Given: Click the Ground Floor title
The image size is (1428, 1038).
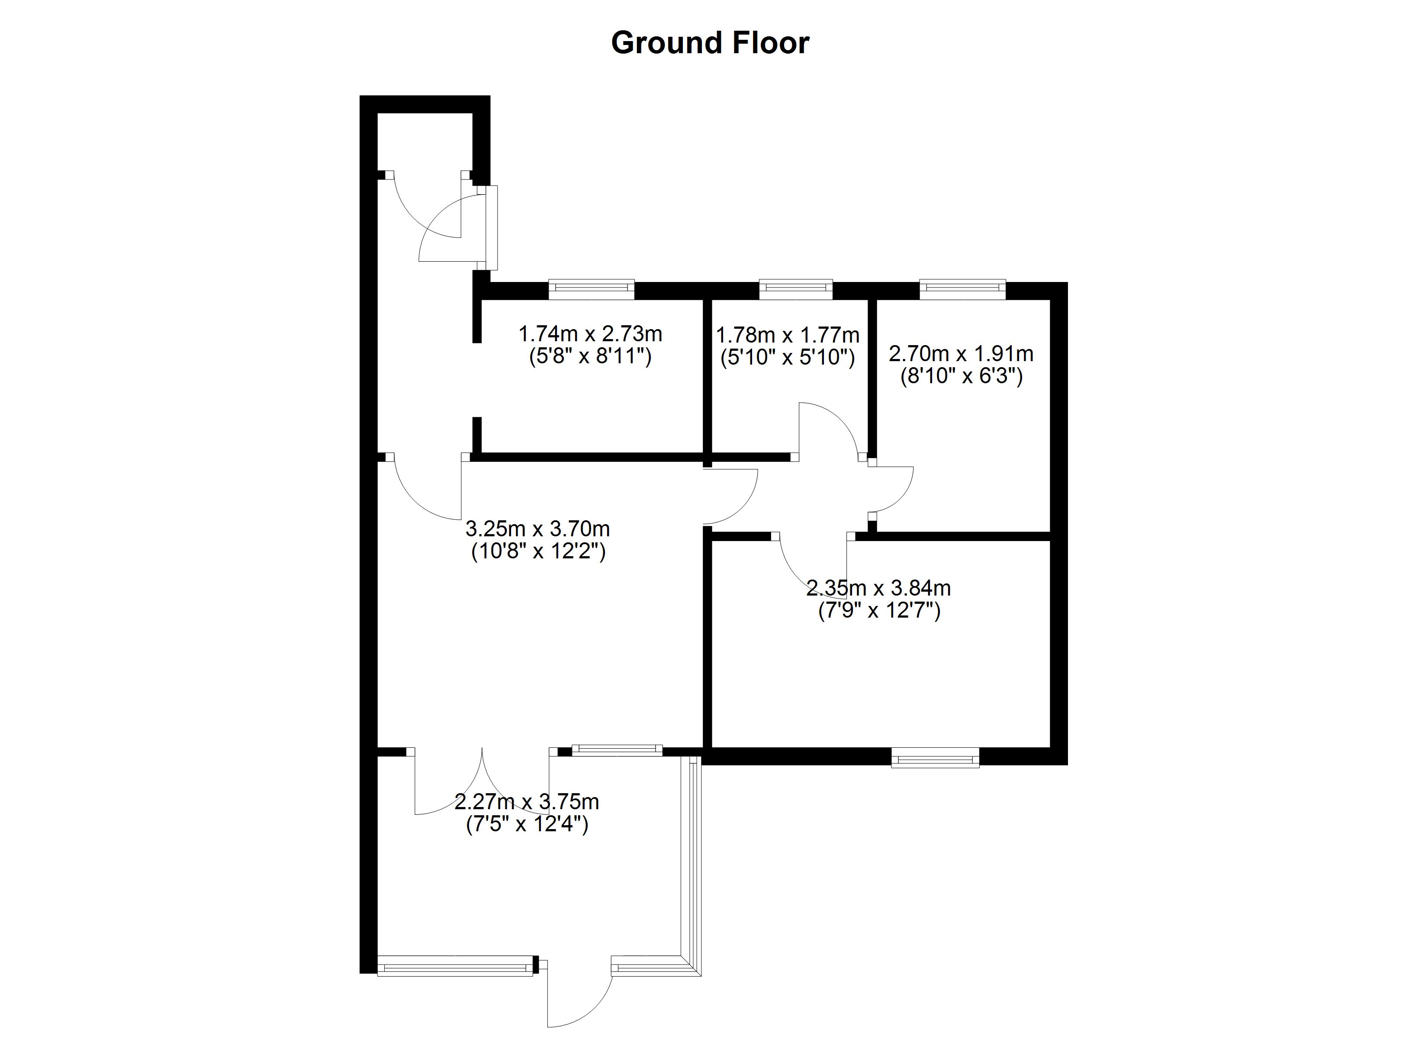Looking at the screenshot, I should coord(710,43).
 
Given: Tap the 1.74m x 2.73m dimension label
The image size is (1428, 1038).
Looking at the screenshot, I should coord(590,333).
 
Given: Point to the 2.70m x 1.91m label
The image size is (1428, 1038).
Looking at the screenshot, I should coord(961,354).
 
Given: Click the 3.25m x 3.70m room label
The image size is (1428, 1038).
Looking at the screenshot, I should coord(537,528).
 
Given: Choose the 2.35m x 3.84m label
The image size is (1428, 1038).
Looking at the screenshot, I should coord(878,588).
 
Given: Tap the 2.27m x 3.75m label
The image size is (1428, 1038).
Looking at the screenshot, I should coord(526,802).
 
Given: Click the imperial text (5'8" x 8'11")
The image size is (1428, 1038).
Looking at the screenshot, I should coord(590,357).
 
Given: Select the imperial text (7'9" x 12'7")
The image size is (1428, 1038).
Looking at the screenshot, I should coord(879,611).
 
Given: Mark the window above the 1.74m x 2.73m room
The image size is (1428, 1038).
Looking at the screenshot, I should coord(591,289).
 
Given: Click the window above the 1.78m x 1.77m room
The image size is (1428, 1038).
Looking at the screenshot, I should coord(796,289).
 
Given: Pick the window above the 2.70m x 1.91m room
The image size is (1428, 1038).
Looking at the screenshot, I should coord(962,289).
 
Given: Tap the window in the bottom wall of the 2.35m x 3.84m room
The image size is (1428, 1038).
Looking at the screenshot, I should coord(935,757).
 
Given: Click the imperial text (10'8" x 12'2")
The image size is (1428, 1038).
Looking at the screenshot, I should coord(538,551).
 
